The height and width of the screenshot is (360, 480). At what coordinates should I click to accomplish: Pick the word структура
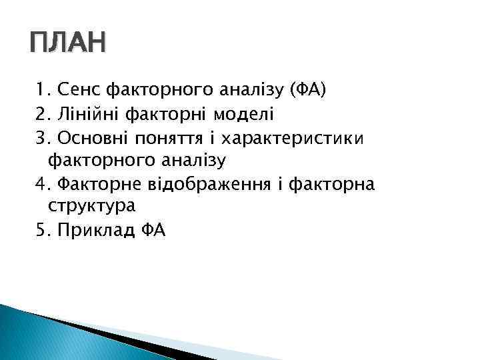[92, 207]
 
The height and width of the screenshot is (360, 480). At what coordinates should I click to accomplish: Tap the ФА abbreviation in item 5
[153, 230]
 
